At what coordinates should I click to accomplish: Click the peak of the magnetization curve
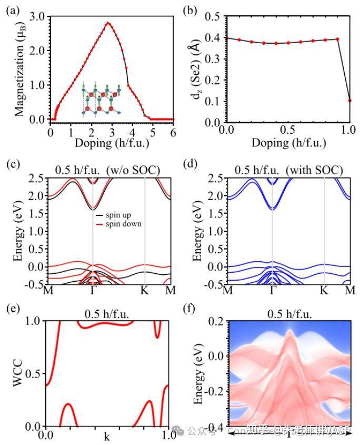[x=108, y=23]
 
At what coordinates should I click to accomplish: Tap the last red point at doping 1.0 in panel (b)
[x=349, y=101]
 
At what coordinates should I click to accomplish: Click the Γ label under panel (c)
[x=93, y=290]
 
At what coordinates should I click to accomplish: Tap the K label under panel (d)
[x=324, y=290]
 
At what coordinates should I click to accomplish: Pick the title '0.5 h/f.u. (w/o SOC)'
[x=107, y=170]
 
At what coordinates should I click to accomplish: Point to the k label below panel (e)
[x=107, y=437]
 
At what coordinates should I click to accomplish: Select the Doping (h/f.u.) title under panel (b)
[x=288, y=143]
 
